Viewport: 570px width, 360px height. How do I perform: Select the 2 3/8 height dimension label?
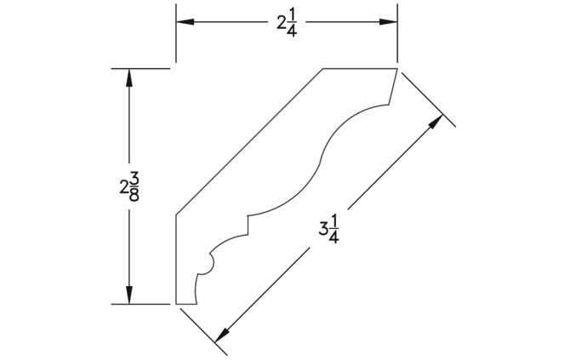(129, 186)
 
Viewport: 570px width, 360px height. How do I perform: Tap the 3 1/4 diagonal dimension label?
(329, 229)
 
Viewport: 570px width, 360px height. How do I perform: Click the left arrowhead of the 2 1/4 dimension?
(185, 22)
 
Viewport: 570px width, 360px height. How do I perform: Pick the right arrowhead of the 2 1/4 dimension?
(388, 22)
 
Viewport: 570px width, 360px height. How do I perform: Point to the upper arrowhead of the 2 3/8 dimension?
(128, 77)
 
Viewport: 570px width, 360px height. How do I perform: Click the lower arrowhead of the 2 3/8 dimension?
(128, 295)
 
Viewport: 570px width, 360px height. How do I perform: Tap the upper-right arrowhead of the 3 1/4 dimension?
(436, 123)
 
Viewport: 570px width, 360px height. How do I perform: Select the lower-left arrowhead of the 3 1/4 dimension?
(222, 335)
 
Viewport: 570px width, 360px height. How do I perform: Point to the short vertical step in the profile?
(248, 225)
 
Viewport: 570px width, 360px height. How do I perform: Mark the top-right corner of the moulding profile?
(397, 68)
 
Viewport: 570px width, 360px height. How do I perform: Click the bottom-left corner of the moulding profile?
(176, 304)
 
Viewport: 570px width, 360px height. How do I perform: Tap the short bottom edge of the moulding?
(186, 304)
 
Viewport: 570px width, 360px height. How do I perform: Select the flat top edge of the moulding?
(360, 68)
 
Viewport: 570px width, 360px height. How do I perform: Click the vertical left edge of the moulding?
(176, 260)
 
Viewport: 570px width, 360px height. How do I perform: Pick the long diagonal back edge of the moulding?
(250, 142)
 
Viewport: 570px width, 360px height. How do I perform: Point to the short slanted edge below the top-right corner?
(392, 87)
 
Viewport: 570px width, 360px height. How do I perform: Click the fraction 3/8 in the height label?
(134, 186)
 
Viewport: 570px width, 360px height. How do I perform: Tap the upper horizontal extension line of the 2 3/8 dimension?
(140, 68)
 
